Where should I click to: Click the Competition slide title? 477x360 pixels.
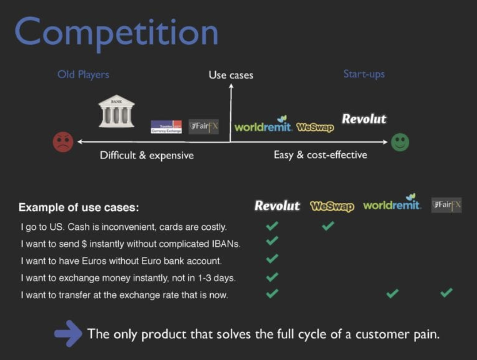[x=116, y=33]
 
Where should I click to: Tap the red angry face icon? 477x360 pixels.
[x=63, y=142]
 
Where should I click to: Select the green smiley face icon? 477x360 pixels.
[x=400, y=142]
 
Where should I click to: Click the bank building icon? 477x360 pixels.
[x=116, y=111]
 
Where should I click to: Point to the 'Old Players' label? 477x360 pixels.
[x=83, y=75]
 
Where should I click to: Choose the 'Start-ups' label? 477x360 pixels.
[x=364, y=74]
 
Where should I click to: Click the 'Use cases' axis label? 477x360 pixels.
[x=231, y=75]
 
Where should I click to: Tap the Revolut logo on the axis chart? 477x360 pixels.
[x=364, y=119]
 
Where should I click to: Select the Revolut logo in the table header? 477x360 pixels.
[x=277, y=206]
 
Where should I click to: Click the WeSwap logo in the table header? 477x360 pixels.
[x=332, y=207]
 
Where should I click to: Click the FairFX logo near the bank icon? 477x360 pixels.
[x=203, y=126]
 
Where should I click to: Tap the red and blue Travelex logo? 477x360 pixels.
[x=166, y=127]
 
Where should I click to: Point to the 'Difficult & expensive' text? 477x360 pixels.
[x=147, y=155]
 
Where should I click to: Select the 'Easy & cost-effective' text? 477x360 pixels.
[x=320, y=155]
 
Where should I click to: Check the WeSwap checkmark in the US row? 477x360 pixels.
[x=328, y=225]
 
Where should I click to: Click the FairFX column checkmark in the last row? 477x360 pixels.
[x=446, y=293]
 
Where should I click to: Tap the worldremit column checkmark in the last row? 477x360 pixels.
[x=392, y=294]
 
